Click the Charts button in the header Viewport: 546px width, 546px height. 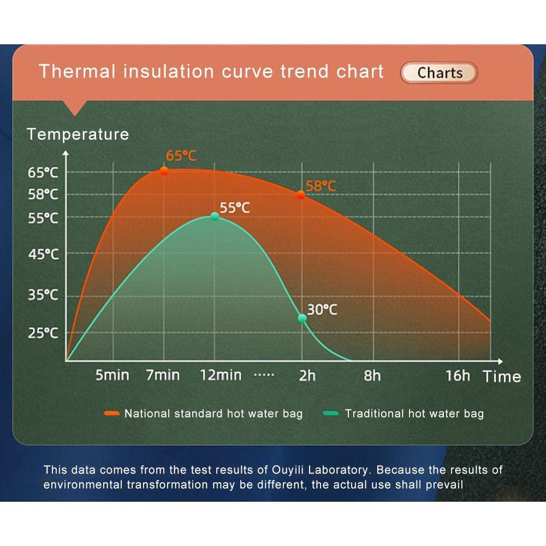(439, 73)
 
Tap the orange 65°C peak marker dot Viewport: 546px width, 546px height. (164, 171)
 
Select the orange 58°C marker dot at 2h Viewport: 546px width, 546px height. (301, 195)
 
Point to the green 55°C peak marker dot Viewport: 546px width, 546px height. (215, 217)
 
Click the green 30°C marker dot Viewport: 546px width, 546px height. (302, 318)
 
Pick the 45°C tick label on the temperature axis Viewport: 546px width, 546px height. (44, 254)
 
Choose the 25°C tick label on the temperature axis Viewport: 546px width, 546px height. (43, 333)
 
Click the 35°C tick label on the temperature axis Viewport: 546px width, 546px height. (43, 295)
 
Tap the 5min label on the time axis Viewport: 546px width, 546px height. (112, 376)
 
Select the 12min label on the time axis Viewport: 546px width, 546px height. (221, 376)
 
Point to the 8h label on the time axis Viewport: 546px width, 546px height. (372, 376)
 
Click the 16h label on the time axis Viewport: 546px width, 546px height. (458, 376)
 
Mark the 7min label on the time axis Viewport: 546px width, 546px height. (163, 376)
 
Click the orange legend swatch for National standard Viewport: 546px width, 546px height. (112, 413)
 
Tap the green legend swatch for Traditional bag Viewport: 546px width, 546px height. (331, 413)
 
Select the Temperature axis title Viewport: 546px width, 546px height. (78, 134)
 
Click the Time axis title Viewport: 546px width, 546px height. (502, 377)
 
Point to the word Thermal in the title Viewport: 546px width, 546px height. (77, 72)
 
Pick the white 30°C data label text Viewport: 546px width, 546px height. (322, 310)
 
